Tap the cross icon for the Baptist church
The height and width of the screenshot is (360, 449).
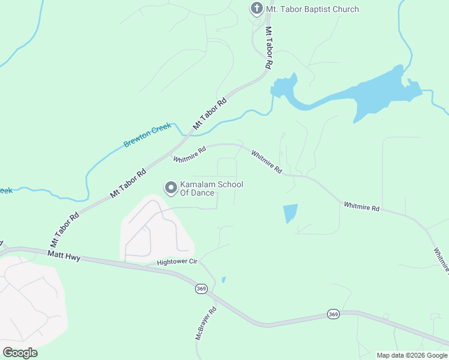coord(256,8)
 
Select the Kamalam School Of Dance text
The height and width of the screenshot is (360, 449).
coord(207,188)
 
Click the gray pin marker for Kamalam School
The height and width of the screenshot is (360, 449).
coord(170,188)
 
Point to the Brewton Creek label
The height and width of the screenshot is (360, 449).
coord(148,135)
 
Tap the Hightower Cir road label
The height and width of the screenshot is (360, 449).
coord(177,262)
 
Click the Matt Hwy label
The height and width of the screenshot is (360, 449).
coord(63,256)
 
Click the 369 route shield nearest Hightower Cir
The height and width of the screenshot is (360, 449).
coord(201,289)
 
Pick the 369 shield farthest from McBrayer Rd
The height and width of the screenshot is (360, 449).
coord(334,314)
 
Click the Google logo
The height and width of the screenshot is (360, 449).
coord(20,352)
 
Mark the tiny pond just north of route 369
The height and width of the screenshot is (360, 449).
coord(223,280)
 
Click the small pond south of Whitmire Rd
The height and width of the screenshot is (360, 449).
coord(289,213)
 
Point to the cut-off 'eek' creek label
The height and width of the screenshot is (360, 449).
coord(5,191)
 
